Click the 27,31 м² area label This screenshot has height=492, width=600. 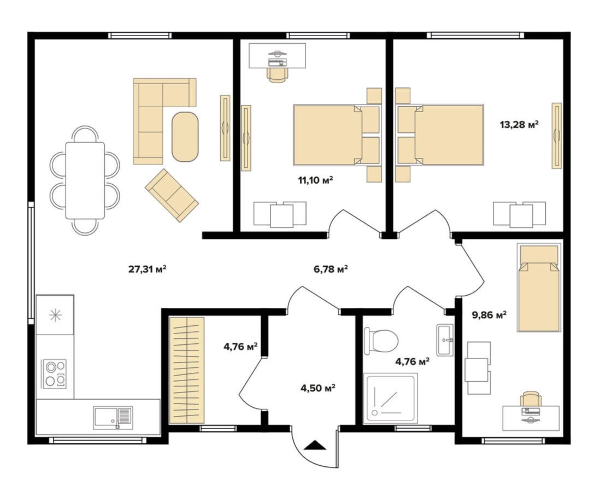[x=147, y=269]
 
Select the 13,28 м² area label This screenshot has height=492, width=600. [x=519, y=125]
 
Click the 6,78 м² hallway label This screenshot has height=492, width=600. [x=331, y=269]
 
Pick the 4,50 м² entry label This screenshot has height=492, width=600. [x=318, y=388]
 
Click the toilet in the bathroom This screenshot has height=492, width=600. [x=381, y=341]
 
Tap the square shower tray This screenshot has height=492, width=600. [x=390, y=399]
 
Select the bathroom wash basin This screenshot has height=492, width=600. [x=445, y=340]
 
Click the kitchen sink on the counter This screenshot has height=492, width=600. [x=113, y=418]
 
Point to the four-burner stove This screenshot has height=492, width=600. [x=55, y=374]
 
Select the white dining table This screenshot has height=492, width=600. [x=85, y=180]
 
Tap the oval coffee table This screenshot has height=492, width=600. [x=186, y=137]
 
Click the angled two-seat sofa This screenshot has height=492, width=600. [x=172, y=195]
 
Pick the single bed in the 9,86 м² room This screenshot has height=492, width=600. [x=538, y=288]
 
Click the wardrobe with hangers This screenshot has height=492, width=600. [x=187, y=370]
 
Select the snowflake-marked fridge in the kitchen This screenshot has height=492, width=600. [x=55, y=315]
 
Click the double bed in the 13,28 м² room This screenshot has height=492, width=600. [x=440, y=135]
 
